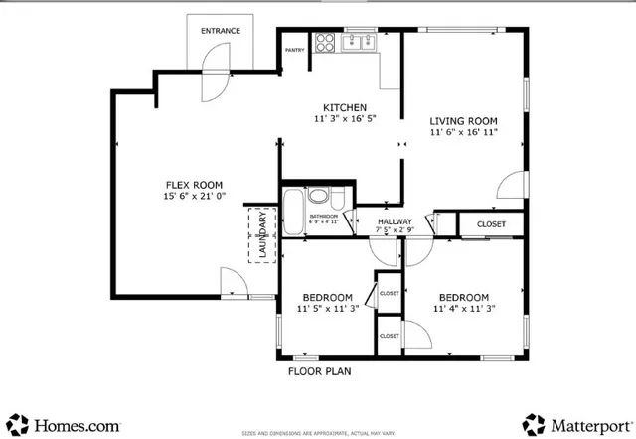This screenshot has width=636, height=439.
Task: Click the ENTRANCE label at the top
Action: coord(221,31)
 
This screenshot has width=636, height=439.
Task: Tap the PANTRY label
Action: coord(294,49)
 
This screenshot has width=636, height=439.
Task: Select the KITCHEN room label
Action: coord(345,107)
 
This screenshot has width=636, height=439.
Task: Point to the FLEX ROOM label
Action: coord(193,184)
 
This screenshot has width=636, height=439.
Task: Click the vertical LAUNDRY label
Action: coord(263,236)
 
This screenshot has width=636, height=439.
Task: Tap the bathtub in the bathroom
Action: coord(293,212)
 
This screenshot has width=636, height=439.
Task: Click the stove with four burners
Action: coord(325,43)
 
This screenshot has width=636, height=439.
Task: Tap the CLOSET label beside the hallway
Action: coord(491,224)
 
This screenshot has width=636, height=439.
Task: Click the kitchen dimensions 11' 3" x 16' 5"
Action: coord(345,120)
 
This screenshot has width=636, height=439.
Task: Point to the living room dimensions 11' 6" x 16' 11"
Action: coord(463,131)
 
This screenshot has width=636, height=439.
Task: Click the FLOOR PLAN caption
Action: coord(320,371)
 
